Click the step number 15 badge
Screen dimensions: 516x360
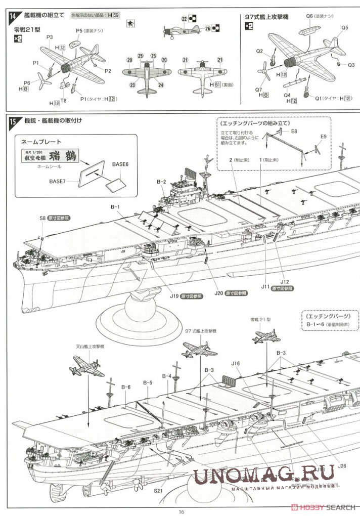pos(13,121)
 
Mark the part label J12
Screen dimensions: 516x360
pos(285,281)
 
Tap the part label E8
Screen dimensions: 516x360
pos(294,131)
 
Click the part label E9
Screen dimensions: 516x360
pos(324,137)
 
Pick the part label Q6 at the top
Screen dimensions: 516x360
pos(309,16)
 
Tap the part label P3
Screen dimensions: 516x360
pos(50,37)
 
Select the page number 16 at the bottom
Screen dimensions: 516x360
pos(181,511)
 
